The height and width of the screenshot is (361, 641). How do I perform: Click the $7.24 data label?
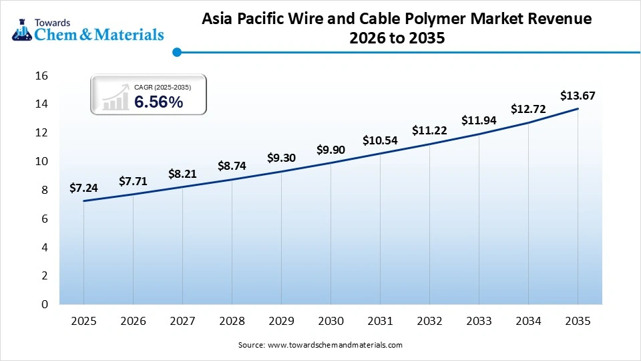point(83,188)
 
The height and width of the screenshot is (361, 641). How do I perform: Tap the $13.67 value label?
point(578,96)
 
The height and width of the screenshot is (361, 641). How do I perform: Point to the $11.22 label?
point(429,130)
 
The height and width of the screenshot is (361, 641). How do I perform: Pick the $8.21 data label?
point(182,173)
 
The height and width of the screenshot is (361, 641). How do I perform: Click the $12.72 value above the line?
point(528,108)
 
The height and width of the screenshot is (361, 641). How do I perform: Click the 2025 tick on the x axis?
point(83,322)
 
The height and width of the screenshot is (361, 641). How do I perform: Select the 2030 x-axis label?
point(331,322)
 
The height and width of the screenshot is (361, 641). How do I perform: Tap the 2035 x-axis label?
point(578,322)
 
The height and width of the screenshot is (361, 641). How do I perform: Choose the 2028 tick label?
point(232,322)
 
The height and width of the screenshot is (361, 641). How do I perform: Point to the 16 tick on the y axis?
point(41,76)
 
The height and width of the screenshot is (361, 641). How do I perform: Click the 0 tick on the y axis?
point(45,304)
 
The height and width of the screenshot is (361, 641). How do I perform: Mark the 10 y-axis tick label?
point(41,161)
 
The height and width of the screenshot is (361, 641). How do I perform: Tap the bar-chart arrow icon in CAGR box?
point(115,97)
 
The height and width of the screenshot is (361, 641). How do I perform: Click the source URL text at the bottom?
point(335,345)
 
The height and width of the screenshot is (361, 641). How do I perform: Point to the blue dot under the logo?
point(176,51)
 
